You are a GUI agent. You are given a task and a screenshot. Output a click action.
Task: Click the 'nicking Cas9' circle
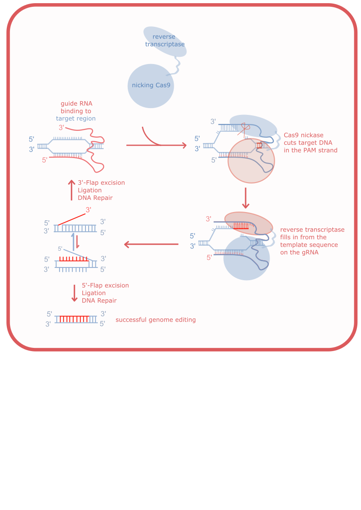150,86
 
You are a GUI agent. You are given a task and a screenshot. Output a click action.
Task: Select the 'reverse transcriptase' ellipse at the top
165,41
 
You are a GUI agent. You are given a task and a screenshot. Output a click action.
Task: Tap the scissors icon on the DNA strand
244,129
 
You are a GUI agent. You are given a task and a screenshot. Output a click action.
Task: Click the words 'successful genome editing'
155,320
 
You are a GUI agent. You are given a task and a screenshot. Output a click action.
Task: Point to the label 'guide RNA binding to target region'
76,111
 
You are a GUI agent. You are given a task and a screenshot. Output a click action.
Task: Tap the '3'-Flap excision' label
101,183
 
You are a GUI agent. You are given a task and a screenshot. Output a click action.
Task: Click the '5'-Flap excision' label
105,286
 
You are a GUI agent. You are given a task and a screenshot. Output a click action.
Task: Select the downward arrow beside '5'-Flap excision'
75,293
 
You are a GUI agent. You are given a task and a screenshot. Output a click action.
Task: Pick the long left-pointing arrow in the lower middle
151,244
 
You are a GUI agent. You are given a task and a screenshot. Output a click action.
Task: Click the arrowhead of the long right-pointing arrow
185,145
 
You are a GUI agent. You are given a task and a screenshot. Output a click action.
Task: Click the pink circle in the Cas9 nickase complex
251,161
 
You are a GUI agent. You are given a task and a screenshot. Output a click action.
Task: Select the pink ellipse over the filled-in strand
249,223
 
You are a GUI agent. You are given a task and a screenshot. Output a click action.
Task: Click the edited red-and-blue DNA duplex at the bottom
76,319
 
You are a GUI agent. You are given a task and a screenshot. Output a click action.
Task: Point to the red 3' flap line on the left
72,219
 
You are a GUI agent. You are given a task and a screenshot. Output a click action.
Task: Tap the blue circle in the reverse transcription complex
246,258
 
